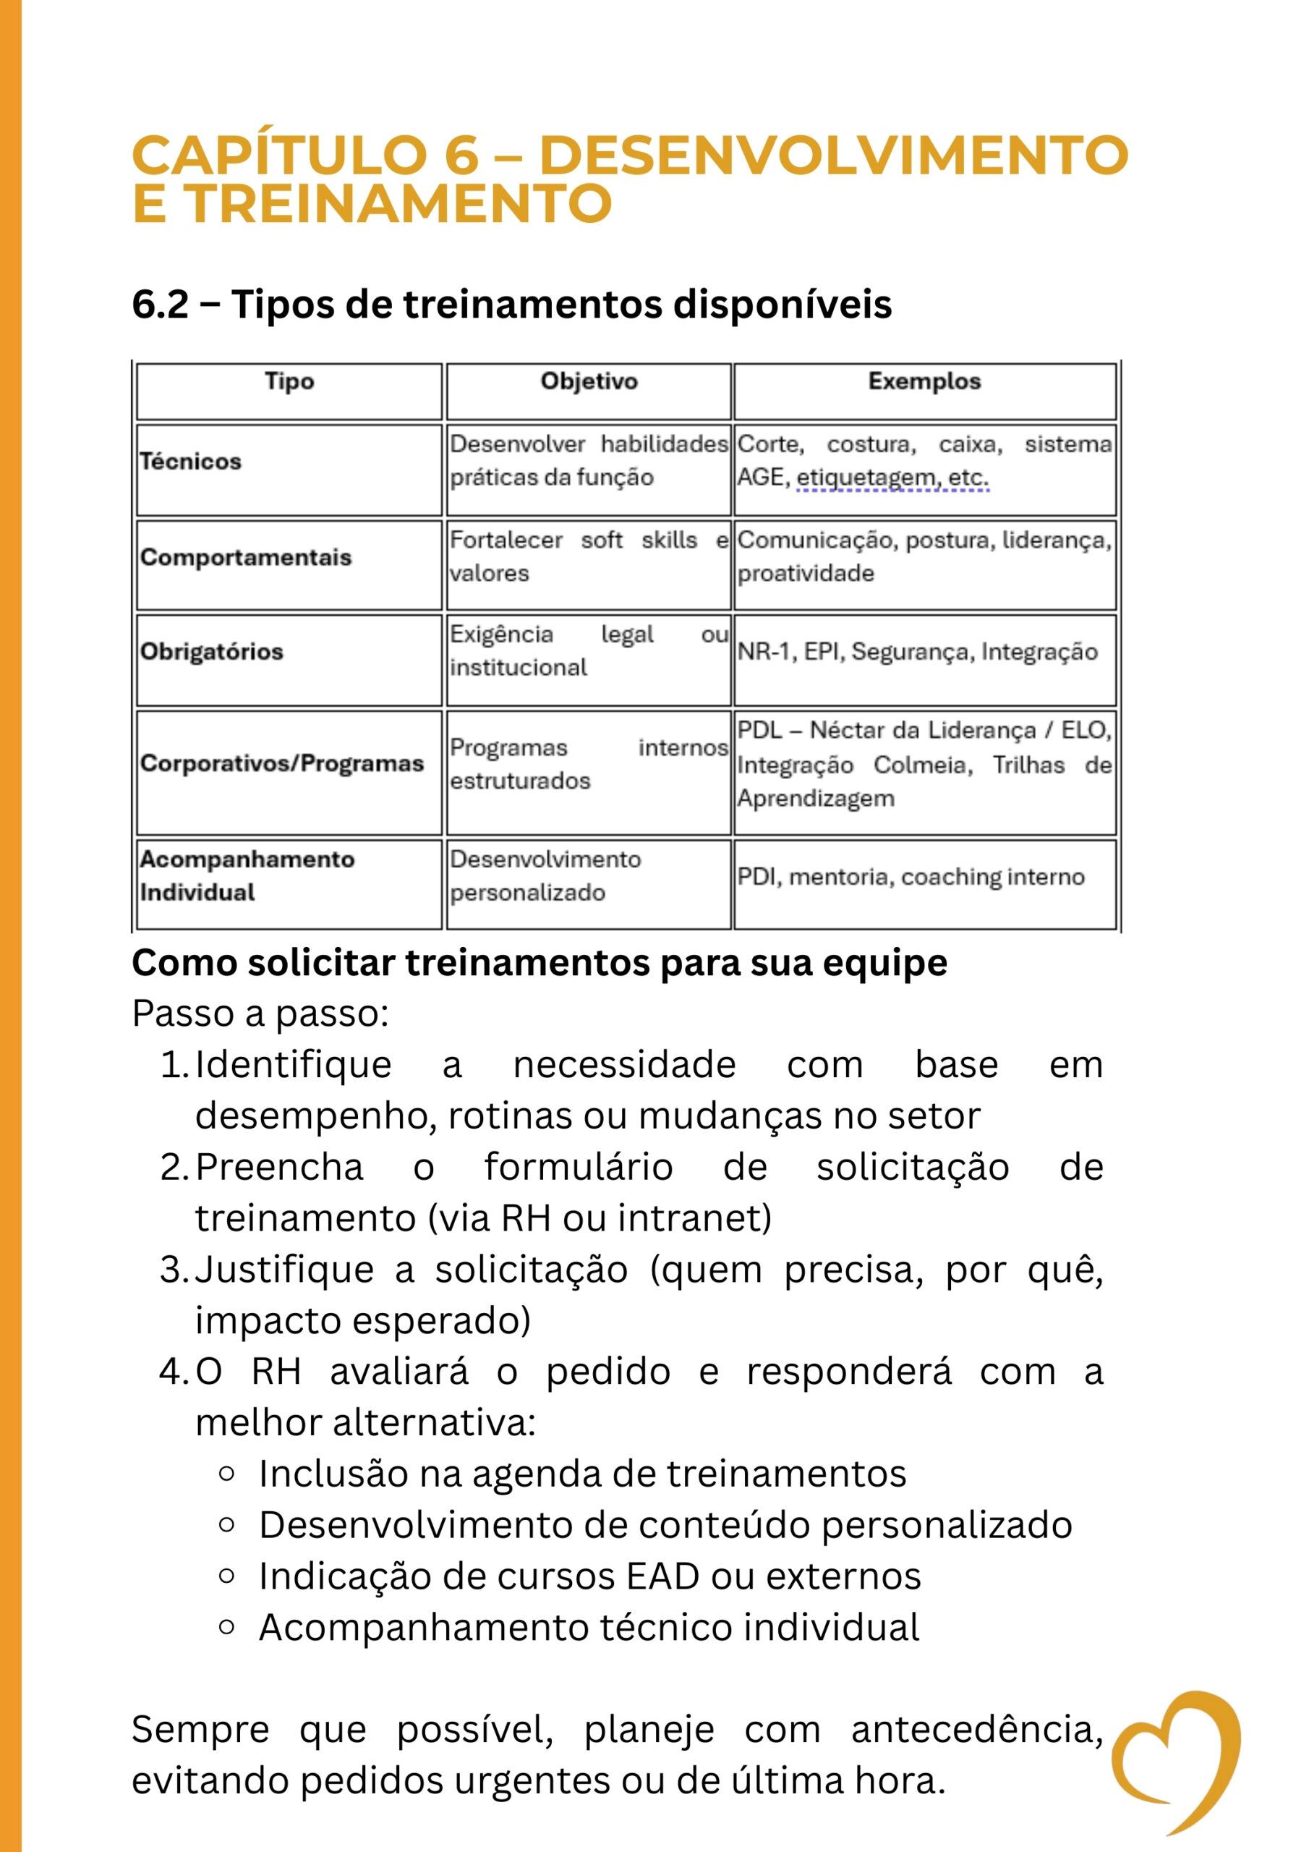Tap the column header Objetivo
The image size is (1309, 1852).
pos(589,381)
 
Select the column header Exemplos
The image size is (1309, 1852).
pos(924,381)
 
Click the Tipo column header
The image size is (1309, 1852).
pos(289,381)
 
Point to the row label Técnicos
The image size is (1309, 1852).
pos(190,462)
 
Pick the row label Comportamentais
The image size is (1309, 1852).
pos(246,557)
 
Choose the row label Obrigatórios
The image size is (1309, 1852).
pos(211,652)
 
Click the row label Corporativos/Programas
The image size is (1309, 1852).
pos(281,763)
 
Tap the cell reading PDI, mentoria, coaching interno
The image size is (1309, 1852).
pos(911,877)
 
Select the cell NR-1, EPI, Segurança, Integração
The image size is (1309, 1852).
pos(917,652)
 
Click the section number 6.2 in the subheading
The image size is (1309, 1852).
pos(160,305)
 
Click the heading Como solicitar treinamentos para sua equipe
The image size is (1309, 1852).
pos(539,963)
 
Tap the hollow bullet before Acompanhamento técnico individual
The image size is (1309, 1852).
pos(226,1627)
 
